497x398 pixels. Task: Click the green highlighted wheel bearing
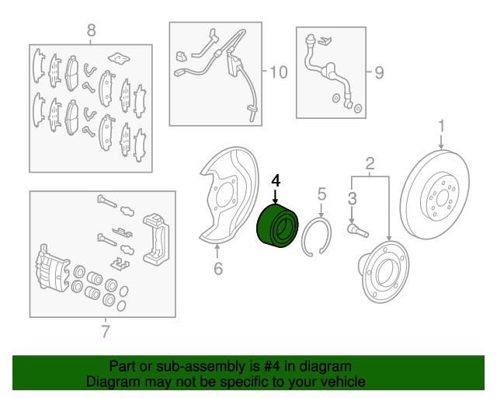277,226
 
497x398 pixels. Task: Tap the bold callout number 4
276,181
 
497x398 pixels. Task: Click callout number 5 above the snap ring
321,194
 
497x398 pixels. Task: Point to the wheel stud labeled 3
358,230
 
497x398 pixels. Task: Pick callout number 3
352,198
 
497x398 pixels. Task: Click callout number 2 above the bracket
370,164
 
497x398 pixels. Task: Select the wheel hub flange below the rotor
384,271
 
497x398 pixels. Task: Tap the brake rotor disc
434,194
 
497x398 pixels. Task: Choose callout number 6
218,268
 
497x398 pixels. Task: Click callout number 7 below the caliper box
106,331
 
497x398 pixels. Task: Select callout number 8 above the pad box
91,31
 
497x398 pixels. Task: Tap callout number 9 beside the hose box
380,72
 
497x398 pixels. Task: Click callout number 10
279,72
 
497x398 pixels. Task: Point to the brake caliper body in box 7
53,267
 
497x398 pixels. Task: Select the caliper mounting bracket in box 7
156,239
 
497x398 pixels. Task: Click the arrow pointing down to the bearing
276,197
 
